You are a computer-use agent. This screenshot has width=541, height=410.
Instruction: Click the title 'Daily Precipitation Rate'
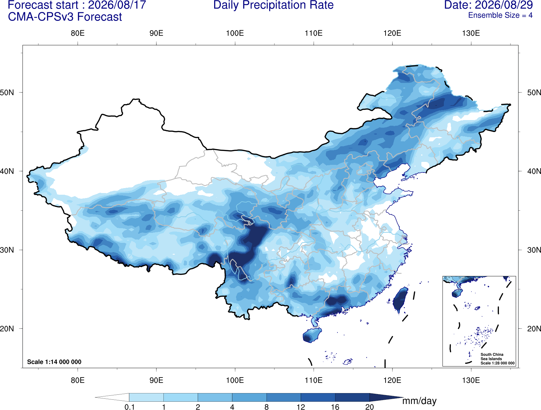tap(273, 5)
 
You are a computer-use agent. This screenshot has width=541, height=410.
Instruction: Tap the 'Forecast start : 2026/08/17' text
tap(77, 5)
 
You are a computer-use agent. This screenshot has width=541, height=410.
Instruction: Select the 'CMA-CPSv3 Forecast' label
tap(65, 17)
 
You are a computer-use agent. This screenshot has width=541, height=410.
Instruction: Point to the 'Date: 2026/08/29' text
tap(488, 5)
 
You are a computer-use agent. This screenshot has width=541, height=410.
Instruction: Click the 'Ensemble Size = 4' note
tap(500, 15)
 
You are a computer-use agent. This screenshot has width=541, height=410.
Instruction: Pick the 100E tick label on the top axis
tap(235, 33)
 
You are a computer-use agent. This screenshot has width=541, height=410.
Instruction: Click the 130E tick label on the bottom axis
tap(471, 380)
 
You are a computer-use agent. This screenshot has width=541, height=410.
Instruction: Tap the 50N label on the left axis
tap(7, 93)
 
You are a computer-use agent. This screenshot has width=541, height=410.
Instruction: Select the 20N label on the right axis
tap(534, 329)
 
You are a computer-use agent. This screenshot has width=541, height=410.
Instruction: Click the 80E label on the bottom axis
tap(78, 380)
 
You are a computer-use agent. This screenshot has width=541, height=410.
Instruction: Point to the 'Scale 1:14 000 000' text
tap(54, 362)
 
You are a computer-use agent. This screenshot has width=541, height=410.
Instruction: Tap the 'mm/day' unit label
tap(419, 401)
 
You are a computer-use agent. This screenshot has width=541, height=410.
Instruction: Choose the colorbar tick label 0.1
tap(129, 407)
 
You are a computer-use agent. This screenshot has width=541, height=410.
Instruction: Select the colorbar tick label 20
tap(370, 407)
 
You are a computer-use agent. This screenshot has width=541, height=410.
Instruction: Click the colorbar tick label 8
tap(267, 407)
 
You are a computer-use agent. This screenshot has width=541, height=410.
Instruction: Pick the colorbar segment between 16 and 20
tap(352, 397)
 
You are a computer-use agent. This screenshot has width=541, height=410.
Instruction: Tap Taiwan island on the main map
tap(399, 300)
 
